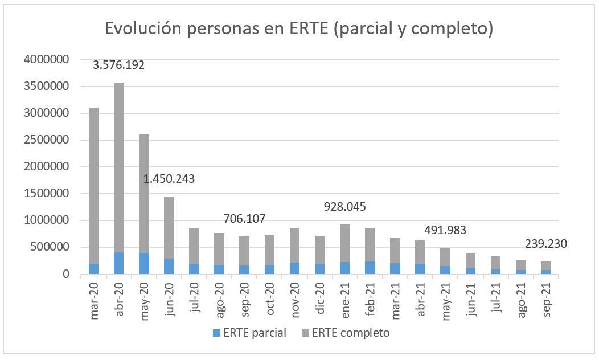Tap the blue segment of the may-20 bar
[x=143, y=264]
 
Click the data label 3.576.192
[x=118, y=65]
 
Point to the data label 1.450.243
[x=169, y=179]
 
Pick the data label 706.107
[x=244, y=219]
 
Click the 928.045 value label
[x=344, y=206]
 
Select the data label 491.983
[x=445, y=230]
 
